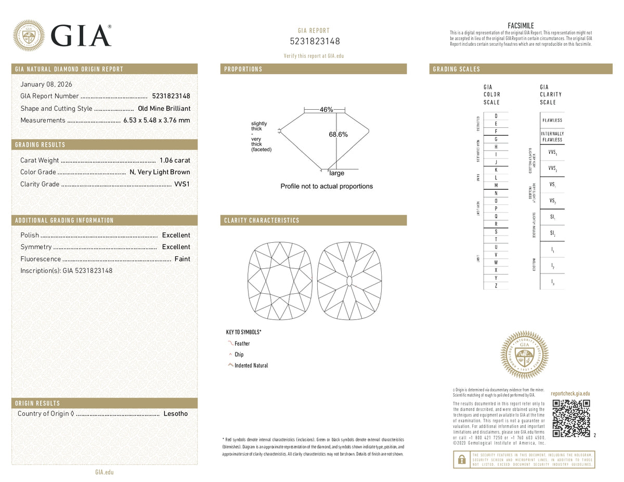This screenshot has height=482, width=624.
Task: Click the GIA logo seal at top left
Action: coord(29,35)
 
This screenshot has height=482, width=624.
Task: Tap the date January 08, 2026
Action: coord(46,84)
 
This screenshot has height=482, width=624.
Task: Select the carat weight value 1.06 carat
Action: coord(175,160)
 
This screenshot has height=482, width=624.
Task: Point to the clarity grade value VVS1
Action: coord(182,184)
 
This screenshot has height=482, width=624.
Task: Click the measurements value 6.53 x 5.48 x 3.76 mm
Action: coord(157,120)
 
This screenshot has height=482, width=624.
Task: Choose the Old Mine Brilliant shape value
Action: coord(164,108)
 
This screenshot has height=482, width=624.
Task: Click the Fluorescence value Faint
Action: coord(182,259)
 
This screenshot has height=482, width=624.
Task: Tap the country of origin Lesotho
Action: coord(176,414)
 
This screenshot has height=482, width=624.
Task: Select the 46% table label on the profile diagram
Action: coord(326,110)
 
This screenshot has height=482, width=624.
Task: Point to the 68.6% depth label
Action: coord(338,134)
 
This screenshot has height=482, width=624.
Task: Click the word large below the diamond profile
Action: coord(336,173)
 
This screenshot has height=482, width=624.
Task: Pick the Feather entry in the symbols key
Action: coord(242,344)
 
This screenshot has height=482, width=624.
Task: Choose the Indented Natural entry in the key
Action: coord(251,366)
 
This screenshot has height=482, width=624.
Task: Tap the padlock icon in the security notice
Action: coord(461,459)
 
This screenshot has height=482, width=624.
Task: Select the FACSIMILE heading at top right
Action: coord(521,26)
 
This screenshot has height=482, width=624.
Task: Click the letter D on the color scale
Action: coord(496,115)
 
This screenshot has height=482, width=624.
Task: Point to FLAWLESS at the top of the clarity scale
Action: coord(552,120)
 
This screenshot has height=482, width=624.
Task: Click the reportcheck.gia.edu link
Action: coord(570,394)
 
